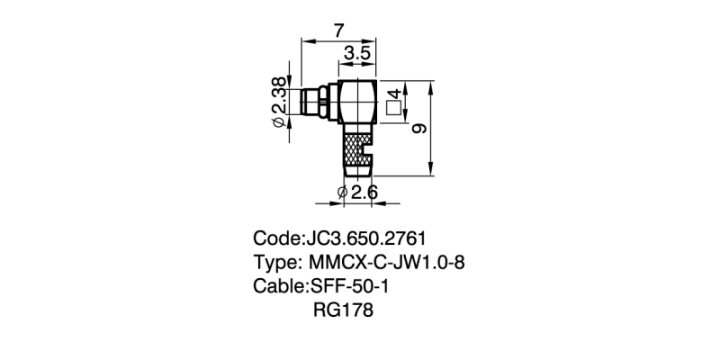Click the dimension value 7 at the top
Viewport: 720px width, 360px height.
pos(338,31)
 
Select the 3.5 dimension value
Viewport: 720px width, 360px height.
pos(357,54)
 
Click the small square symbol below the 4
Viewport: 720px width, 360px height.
pos(392,109)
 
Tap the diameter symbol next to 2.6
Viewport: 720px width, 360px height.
pos(342,193)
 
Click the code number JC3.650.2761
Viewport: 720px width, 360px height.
pos(365,239)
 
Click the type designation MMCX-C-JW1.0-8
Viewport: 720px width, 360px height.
pos(387,264)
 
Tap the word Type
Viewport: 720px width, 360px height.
pos(276,264)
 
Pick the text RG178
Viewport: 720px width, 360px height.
pos(342,311)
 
